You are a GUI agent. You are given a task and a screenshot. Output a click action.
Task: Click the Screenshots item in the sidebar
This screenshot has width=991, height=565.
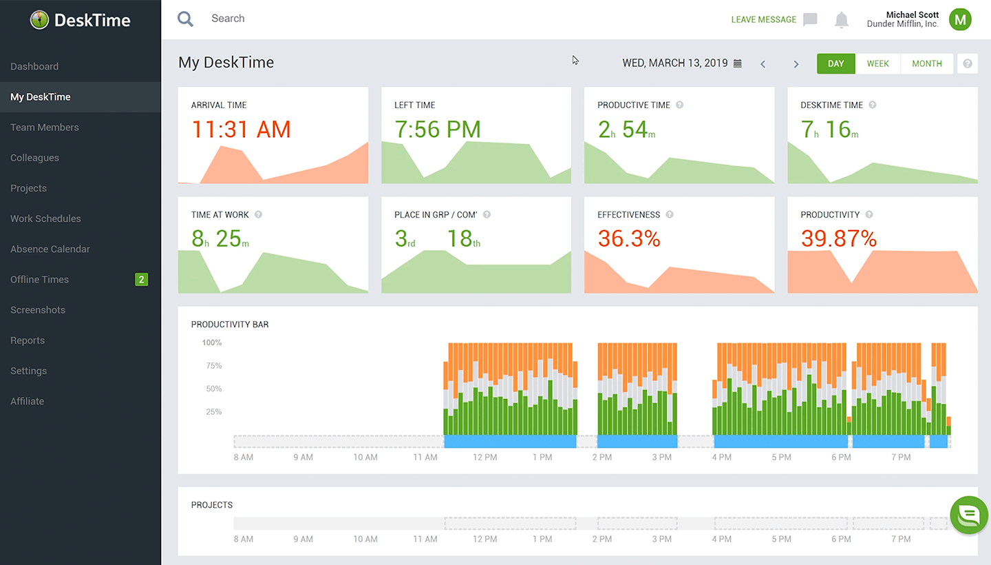pos(37,310)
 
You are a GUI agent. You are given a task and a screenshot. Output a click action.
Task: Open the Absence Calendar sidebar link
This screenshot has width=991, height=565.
pos(50,249)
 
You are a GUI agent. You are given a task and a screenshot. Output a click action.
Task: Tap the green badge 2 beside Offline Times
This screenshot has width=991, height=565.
pos(141,279)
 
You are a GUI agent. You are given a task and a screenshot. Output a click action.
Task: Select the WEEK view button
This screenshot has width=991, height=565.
pos(877,63)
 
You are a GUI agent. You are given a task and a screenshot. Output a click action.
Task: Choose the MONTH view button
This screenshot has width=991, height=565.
pos(926,63)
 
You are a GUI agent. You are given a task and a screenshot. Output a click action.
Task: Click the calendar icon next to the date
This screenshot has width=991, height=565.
pos(738,63)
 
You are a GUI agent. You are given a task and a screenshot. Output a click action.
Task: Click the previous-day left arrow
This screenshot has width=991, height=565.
pos(763,64)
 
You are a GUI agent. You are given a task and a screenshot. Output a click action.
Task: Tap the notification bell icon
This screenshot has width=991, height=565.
pos(841,20)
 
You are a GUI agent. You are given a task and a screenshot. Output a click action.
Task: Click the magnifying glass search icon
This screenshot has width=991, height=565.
pos(185,19)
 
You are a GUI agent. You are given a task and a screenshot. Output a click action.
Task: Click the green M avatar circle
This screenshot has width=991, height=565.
pos(960,19)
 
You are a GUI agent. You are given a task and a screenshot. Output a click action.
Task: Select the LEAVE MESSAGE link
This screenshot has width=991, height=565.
pos(763,19)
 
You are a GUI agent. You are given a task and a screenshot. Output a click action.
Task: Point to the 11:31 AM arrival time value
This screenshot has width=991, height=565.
pos(241,130)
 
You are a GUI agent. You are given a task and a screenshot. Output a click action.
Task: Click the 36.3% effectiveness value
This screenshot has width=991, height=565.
pos(628,239)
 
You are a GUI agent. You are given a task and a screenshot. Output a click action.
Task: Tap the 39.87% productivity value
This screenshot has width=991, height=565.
pos(838,239)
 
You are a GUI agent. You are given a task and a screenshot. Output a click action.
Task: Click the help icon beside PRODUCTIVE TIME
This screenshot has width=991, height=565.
pos(679,105)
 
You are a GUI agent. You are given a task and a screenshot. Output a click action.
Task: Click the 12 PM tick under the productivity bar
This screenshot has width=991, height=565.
pos(484,457)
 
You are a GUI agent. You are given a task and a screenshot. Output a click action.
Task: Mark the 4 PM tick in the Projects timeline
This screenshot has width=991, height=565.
pos(721,539)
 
